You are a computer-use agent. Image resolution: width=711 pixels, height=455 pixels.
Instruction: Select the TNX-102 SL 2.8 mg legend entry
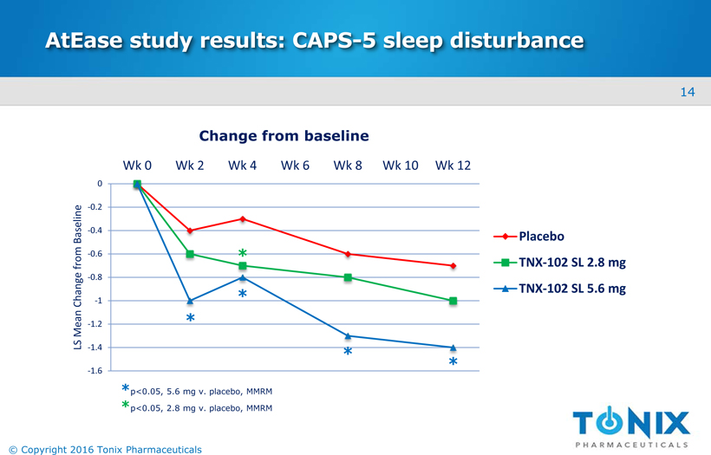tap(571, 263)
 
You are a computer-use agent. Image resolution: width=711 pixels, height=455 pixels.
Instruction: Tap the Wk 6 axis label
tap(295, 166)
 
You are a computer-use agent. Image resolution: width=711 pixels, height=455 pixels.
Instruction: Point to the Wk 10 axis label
tap(401, 166)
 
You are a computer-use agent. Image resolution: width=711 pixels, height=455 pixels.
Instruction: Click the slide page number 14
tap(688, 92)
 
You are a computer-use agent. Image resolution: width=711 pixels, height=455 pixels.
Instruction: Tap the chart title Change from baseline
tap(284, 136)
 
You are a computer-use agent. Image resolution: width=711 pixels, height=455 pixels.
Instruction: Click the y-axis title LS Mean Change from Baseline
tap(77, 277)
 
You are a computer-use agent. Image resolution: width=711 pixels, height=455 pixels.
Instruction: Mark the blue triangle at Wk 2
tap(190, 301)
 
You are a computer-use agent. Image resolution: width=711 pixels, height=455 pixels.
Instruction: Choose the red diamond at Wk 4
tap(243, 218)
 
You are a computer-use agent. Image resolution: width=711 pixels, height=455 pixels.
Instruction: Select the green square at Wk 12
tap(453, 301)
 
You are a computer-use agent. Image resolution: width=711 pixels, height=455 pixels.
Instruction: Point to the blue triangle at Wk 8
tap(348, 335)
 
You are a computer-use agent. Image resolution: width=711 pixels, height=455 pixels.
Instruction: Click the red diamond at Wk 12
tap(453, 265)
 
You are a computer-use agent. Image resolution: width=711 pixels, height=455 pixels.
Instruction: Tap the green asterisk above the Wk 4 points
tap(244, 254)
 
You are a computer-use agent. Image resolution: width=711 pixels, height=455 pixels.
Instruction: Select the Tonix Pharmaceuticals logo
tap(631, 426)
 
